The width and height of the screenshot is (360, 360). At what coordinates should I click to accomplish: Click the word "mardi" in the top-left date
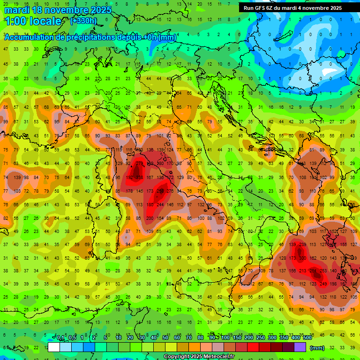[17, 10]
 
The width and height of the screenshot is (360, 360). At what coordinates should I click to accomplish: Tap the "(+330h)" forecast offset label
[83, 21]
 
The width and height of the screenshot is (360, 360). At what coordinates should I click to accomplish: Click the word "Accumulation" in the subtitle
[30, 37]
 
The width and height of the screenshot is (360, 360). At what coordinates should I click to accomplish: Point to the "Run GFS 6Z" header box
[292, 8]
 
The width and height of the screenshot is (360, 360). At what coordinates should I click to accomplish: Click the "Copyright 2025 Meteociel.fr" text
[199, 357]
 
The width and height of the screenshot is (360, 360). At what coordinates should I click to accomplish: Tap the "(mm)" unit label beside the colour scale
[317, 348]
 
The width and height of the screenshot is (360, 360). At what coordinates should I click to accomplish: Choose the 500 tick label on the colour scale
[307, 338]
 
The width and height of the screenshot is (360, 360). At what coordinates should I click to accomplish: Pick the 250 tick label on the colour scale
[260, 338]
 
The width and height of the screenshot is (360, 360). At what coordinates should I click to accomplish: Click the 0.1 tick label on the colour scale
[60, 338]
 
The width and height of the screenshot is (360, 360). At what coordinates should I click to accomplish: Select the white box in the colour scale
[54, 347]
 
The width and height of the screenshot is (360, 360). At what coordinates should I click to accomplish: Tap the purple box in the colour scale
[300, 347]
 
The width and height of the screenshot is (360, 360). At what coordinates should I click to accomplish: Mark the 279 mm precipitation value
[139, 163]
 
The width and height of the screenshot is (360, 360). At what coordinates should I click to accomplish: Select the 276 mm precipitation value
[170, 191]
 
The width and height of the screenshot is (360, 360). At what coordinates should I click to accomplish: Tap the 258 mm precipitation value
[160, 191]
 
